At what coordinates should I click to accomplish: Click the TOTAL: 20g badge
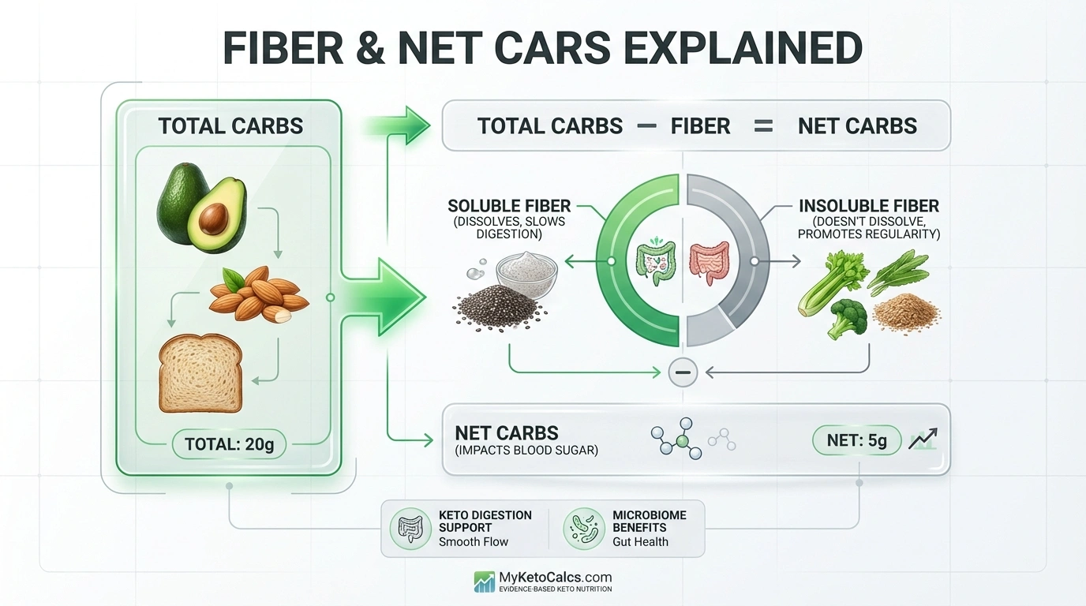click(229, 444)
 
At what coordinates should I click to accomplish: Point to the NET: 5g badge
click(856, 441)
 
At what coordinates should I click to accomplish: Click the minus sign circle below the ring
click(683, 372)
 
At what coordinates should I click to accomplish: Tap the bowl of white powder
click(526, 272)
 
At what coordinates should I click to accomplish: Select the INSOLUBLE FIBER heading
click(868, 206)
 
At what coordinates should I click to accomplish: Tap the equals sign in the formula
click(763, 126)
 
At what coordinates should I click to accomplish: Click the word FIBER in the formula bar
click(700, 126)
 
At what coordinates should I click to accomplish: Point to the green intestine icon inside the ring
click(654, 259)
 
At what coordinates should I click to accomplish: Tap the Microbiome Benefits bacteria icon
click(584, 528)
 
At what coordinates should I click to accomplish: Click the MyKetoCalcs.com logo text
click(555, 578)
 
